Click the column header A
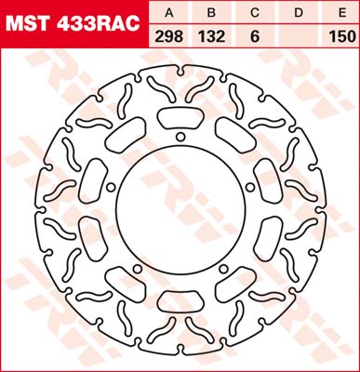(169, 13)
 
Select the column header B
(211, 13)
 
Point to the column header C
(255, 13)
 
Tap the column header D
(299, 13)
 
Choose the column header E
(342, 13)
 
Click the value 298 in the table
(169, 37)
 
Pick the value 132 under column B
(211, 37)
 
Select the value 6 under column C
(255, 37)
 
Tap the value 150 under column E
(342, 37)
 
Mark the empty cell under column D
(299, 37)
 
